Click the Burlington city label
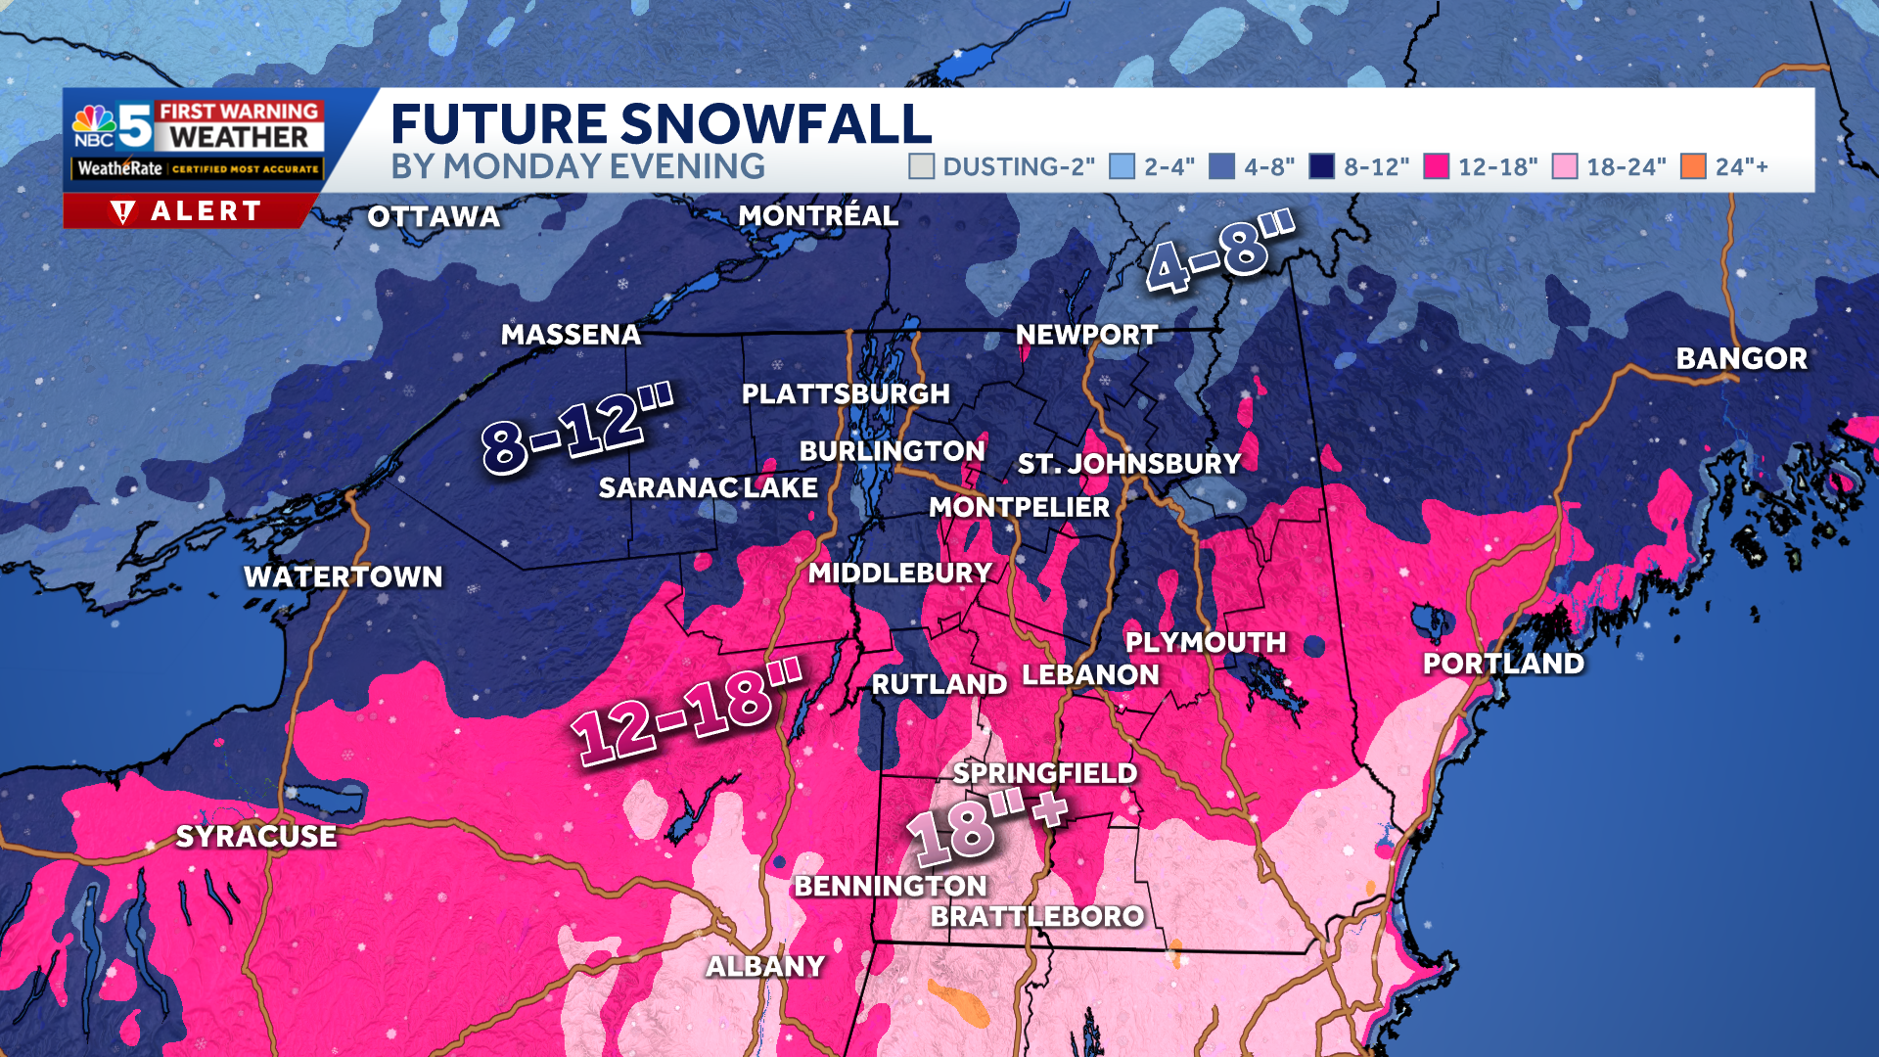[x=892, y=451]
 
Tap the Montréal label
[x=818, y=216]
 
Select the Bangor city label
[x=1741, y=359]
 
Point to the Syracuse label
[x=256, y=837]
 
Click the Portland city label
[x=1503, y=664]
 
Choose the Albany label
[x=766, y=967]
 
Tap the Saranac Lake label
[x=708, y=487]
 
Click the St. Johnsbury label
[x=1129, y=464]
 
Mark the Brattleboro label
[x=1037, y=917]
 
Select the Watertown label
[x=344, y=577]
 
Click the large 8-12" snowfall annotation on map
[x=577, y=429]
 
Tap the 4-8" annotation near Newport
[x=1219, y=253]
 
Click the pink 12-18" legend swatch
[x=1436, y=166]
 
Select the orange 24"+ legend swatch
[x=1693, y=166]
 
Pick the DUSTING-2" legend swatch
[x=921, y=166]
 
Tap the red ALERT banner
[x=188, y=211]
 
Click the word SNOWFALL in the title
[x=776, y=124]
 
